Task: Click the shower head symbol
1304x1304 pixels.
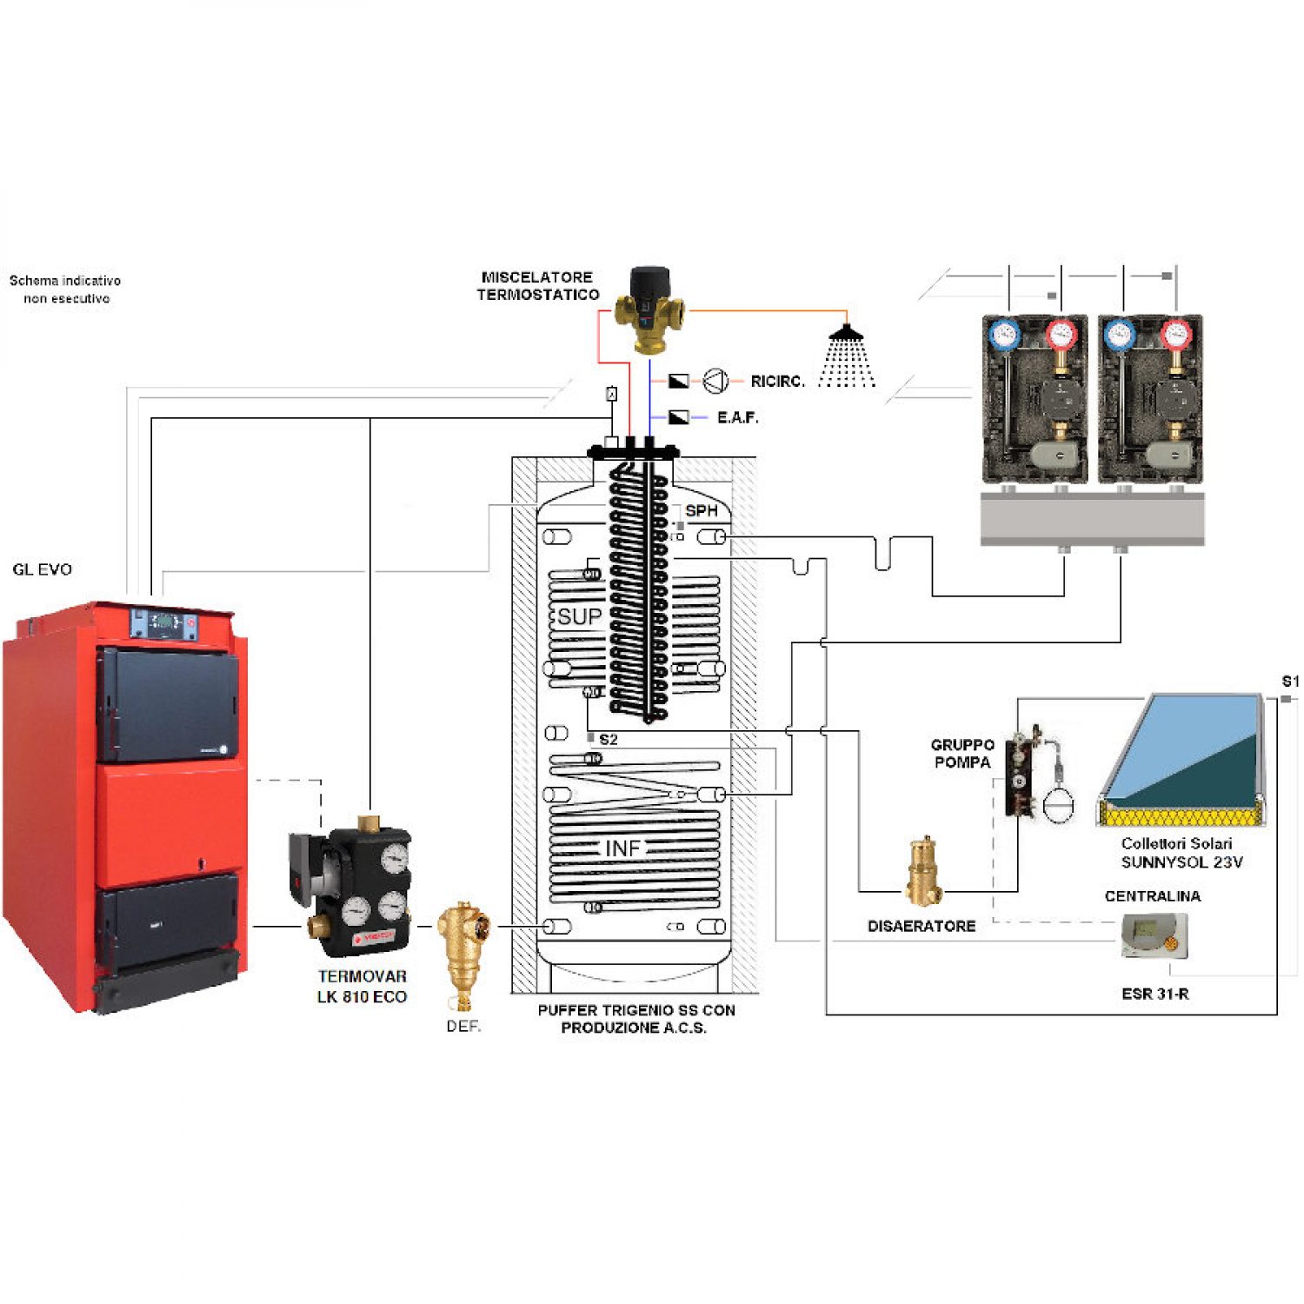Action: [x=846, y=356]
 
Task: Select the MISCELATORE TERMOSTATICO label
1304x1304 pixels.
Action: [x=538, y=286]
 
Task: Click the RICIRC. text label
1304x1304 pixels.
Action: [x=777, y=382]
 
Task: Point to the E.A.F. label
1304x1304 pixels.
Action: [x=737, y=418]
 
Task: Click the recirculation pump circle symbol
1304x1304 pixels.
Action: [x=715, y=381]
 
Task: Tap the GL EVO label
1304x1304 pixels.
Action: [x=42, y=569]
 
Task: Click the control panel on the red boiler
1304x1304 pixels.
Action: [x=165, y=623]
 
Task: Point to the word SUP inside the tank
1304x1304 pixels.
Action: [x=579, y=616]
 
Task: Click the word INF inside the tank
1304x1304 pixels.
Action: [x=622, y=848]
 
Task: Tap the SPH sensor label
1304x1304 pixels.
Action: [x=702, y=510]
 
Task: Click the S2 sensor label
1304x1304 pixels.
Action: [x=609, y=740]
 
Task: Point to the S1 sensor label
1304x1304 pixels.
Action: [x=1290, y=681]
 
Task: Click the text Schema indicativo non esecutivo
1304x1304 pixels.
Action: [x=65, y=289]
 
